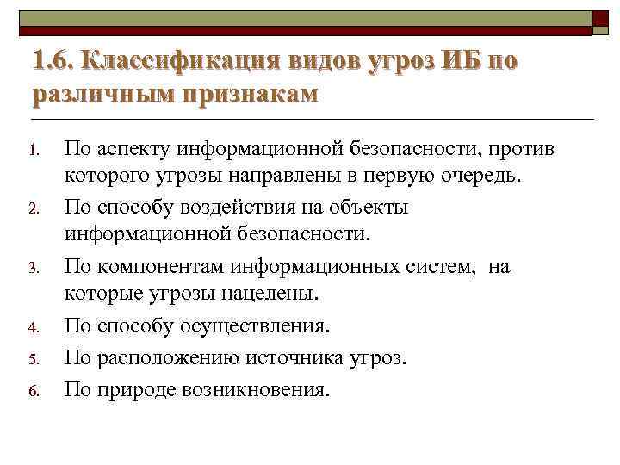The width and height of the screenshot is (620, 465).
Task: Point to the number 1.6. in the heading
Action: (54, 61)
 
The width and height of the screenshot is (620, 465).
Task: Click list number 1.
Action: (34, 152)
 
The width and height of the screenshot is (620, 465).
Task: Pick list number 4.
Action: (34, 328)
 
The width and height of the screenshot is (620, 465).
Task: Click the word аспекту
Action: (133, 150)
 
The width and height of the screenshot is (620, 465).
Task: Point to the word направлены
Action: (297, 177)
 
